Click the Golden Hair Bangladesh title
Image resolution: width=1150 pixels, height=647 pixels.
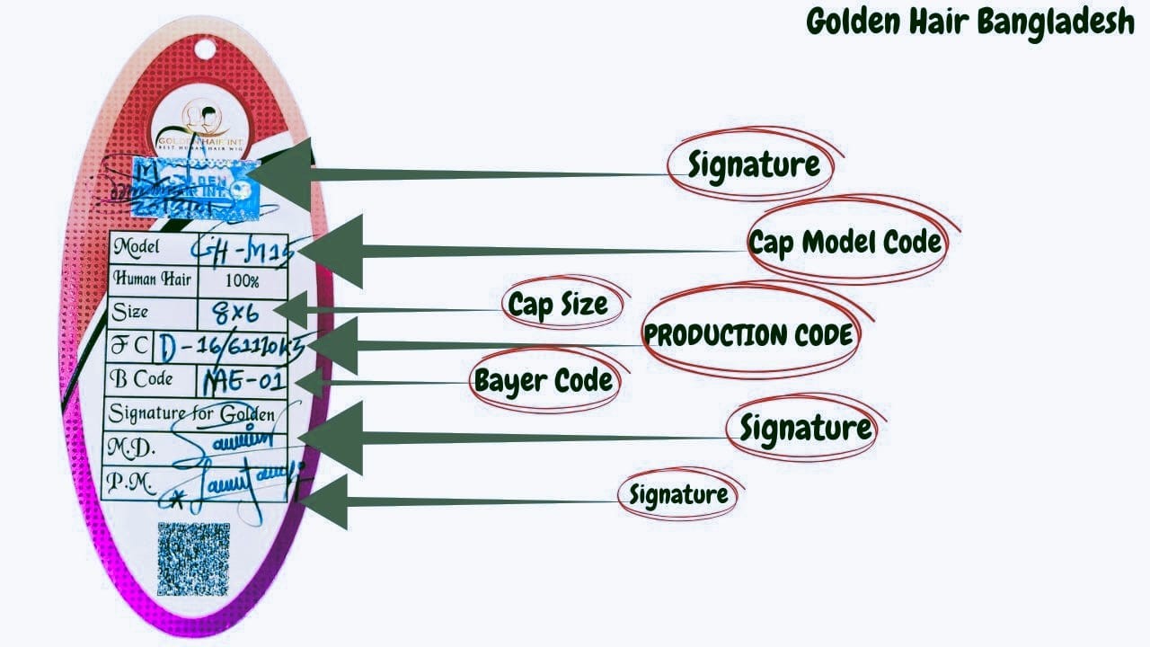(x=970, y=22)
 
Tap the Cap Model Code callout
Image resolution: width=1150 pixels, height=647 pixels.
(x=845, y=242)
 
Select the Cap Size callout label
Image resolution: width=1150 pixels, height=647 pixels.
(x=558, y=304)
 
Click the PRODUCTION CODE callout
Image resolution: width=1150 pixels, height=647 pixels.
(x=748, y=335)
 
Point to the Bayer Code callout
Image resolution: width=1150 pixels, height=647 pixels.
(x=544, y=380)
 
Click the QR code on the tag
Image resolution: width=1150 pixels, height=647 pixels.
(x=193, y=559)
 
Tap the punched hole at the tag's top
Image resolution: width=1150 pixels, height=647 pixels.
(x=205, y=48)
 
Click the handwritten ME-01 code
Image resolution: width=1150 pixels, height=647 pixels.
(x=243, y=382)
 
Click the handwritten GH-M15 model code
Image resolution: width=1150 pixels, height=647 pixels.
(x=244, y=245)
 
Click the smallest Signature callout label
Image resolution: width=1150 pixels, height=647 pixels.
(x=678, y=494)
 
